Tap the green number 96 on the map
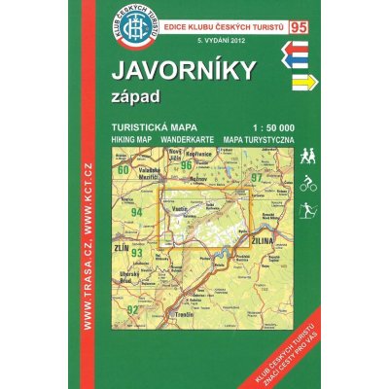click(x=186, y=165)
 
